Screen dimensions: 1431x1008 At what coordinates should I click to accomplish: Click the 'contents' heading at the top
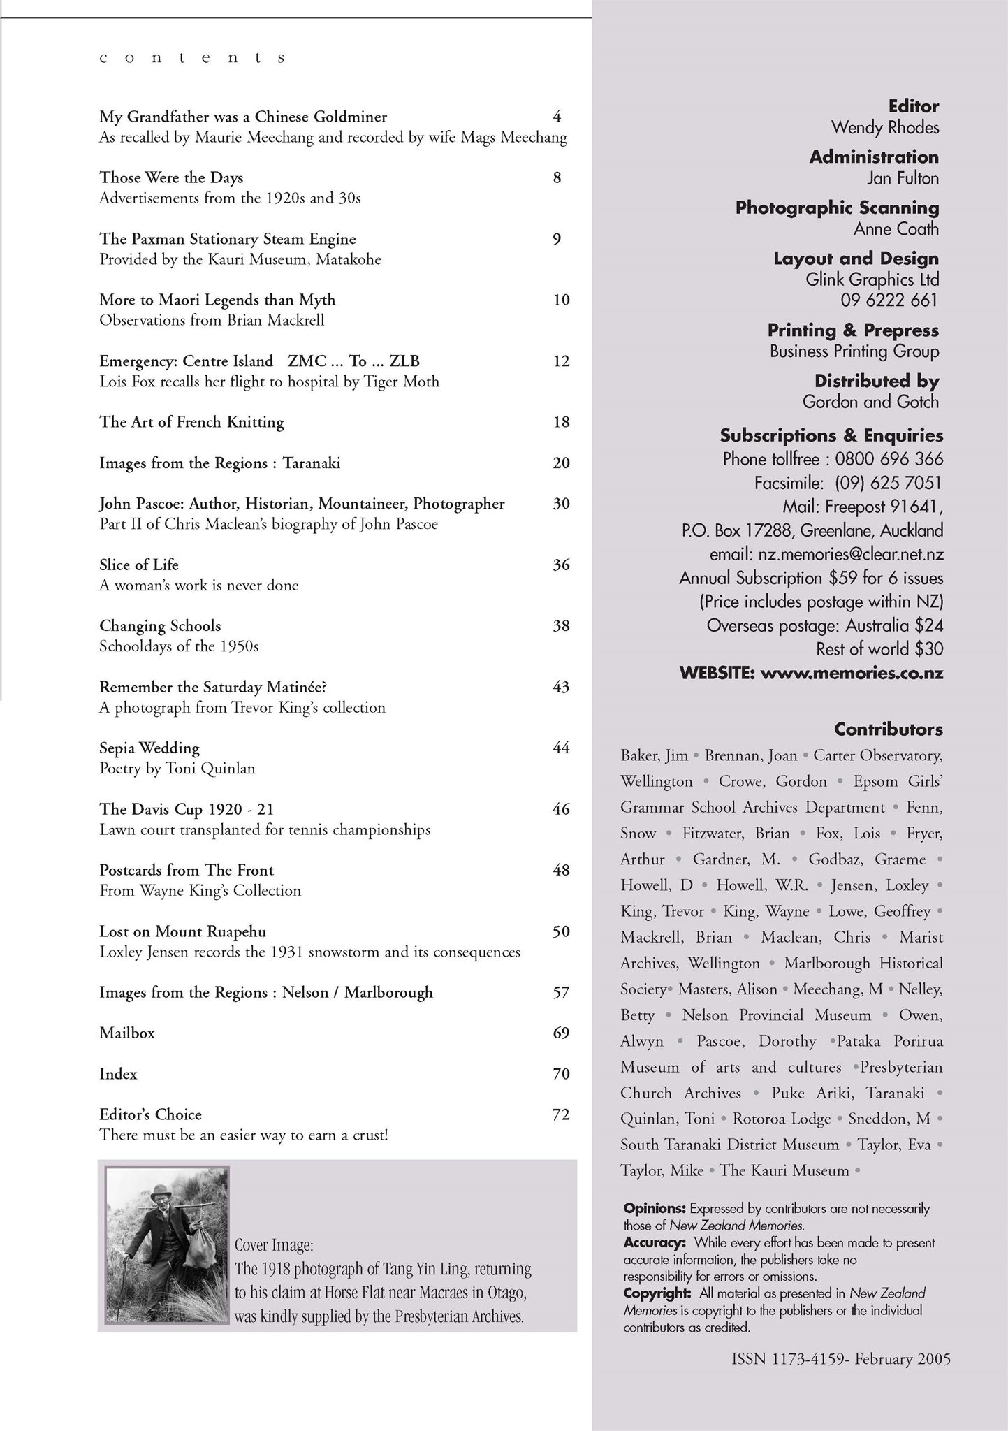[x=192, y=58]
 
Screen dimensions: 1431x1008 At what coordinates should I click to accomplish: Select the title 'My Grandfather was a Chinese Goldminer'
[x=243, y=117]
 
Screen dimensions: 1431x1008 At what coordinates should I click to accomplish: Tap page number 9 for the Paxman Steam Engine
[x=557, y=239]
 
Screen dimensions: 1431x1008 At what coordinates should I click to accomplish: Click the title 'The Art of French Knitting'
[x=191, y=422]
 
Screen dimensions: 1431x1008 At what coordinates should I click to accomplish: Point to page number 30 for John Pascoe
[x=561, y=504]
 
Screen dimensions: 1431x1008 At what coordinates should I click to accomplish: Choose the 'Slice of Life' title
[x=139, y=565]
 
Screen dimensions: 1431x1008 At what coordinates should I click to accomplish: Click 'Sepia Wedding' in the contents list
[x=149, y=748]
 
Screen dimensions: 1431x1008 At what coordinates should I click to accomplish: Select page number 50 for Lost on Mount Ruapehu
[x=561, y=931]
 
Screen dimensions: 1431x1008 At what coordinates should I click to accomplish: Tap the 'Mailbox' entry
[x=127, y=1033]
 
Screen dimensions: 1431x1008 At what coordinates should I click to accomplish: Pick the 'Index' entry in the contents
[x=118, y=1074]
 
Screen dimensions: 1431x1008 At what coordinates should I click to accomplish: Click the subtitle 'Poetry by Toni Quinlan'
[x=177, y=769]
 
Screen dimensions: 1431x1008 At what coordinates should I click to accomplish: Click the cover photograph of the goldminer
[x=167, y=1245]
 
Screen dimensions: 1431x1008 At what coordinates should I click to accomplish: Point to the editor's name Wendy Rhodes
[x=885, y=128]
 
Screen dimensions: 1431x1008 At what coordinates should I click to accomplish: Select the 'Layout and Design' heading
[x=856, y=259]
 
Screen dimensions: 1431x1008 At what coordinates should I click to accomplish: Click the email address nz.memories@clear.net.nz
[x=851, y=555]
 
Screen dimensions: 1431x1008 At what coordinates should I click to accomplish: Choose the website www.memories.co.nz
[x=852, y=674]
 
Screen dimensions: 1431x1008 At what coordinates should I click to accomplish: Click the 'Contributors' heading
[x=889, y=729]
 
